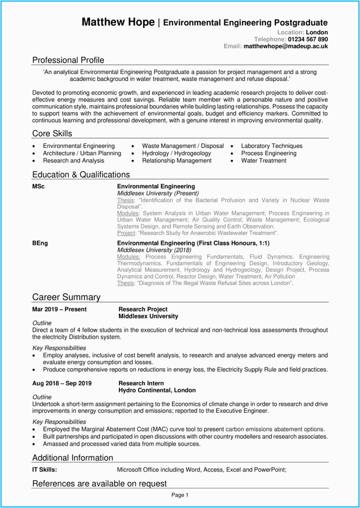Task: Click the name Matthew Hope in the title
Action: pyautogui.click(x=118, y=22)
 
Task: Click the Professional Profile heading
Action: pyautogui.click(x=68, y=60)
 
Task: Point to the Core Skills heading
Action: pyautogui.click(x=52, y=134)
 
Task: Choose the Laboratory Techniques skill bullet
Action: pyautogui.click(x=272, y=146)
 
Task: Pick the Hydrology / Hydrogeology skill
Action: pyautogui.click(x=176, y=153)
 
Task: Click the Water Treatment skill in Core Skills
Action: pyautogui.click(x=264, y=160)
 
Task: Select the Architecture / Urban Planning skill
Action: pyautogui.click(x=82, y=153)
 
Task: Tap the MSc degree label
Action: pyautogui.click(x=38, y=186)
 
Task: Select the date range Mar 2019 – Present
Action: pyautogui.click(x=59, y=309)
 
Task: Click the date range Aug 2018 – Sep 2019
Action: pyautogui.click(x=62, y=383)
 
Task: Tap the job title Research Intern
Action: pyautogui.click(x=141, y=383)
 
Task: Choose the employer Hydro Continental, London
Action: pyautogui.click(x=157, y=390)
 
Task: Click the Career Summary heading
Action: pyautogui.click(x=66, y=298)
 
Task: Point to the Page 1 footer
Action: pyautogui.click(x=179, y=495)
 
